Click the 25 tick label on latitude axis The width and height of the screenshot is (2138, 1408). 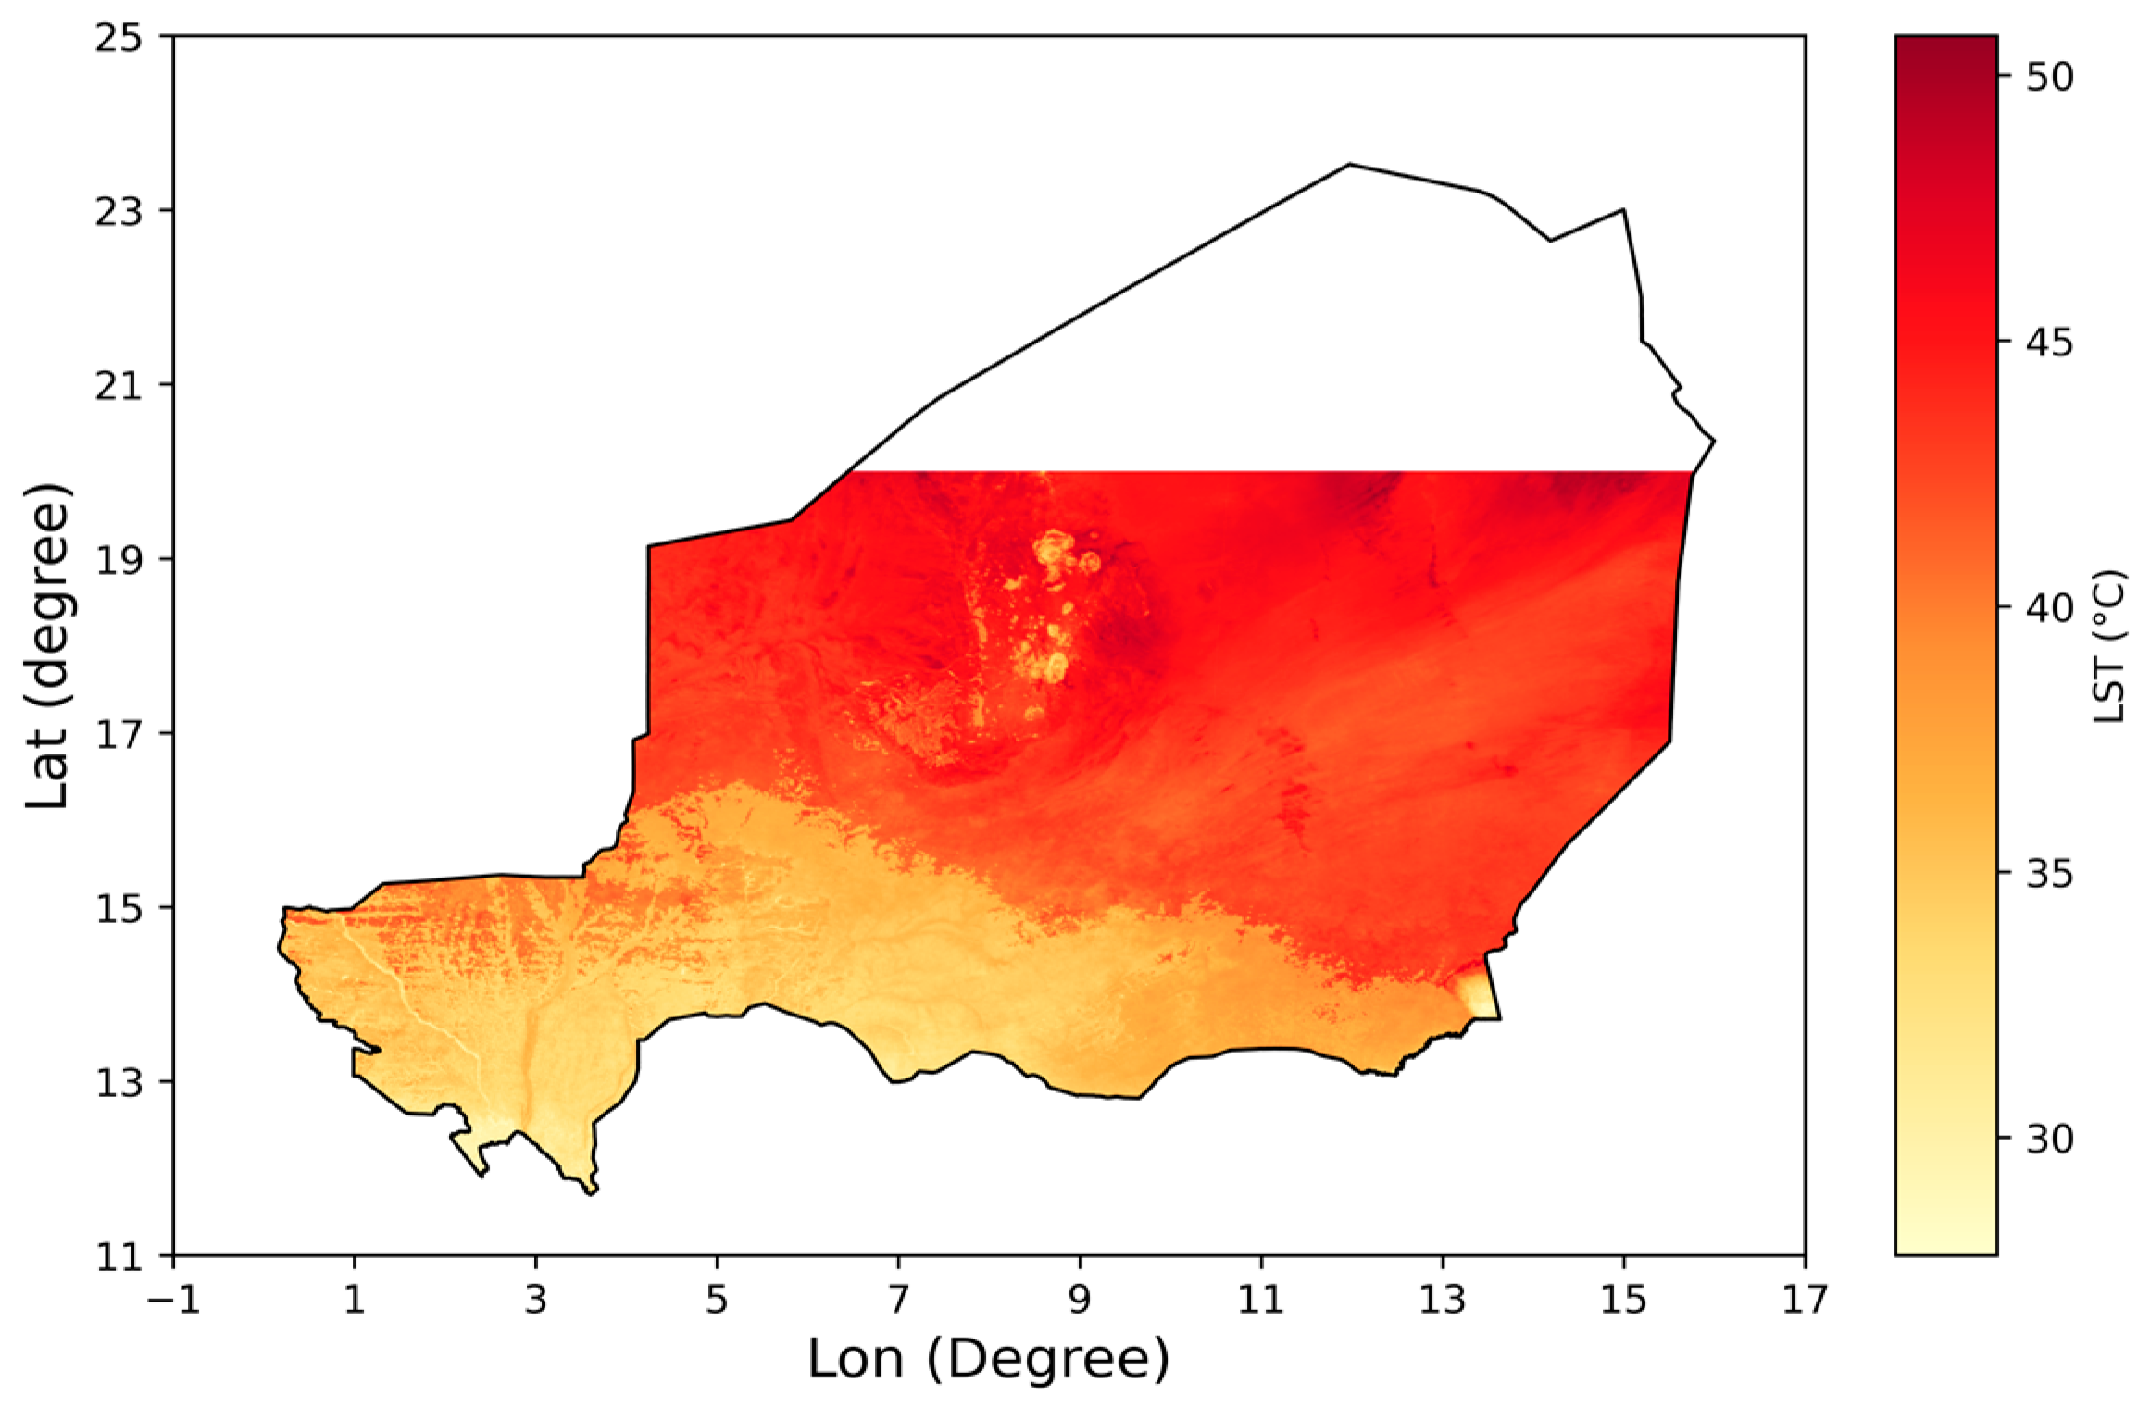(x=119, y=38)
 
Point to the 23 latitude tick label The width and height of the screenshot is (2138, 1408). (x=119, y=212)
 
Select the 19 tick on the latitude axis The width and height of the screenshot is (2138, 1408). (x=119, y=560)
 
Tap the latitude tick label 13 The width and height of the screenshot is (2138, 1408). (x=119, y=1082)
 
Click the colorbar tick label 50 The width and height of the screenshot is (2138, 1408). (x=2049, y=77)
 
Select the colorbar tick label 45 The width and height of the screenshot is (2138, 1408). (x=2049, y=343)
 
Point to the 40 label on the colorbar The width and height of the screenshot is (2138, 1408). (x=2049, y=608)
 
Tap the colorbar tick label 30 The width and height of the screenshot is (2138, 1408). (x=2049, y=1140)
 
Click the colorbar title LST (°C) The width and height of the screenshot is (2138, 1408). (x=2108, y=646)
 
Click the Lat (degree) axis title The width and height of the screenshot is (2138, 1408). (x=48, y=646)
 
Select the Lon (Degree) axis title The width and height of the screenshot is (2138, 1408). (x=989, y=1359)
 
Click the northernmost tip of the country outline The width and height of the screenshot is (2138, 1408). (x=1349, y=165)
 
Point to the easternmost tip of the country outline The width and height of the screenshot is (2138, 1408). (x=1715, y=441)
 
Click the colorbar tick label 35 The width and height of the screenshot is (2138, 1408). (x=2049, y=874)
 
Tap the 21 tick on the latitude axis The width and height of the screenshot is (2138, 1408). (x=119, y=386)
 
